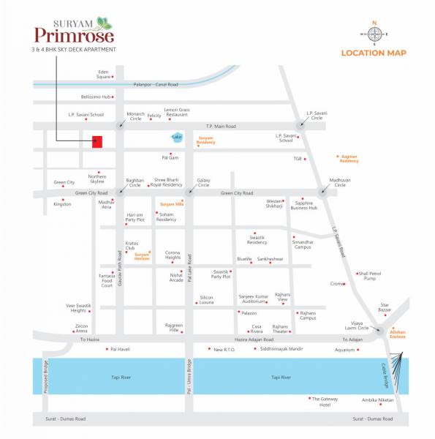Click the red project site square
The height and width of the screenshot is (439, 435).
97,142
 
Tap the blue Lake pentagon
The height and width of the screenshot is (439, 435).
176,137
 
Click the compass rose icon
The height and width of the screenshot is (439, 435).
374,34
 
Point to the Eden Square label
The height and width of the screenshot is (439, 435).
104,74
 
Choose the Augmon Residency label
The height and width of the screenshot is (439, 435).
349,157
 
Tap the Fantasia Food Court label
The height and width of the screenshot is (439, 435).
107,280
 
